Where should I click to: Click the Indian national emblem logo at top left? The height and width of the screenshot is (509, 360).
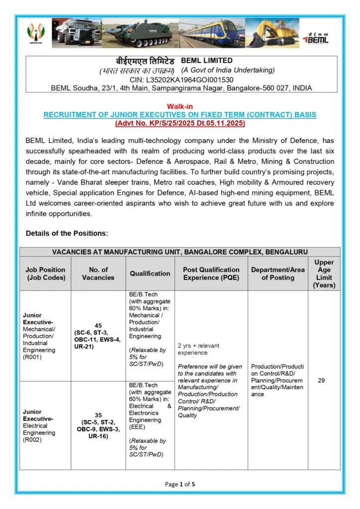(36, 34)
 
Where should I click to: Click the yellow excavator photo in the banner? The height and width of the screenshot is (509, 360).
(272, 33)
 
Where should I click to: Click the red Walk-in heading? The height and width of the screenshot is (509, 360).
(180, 106)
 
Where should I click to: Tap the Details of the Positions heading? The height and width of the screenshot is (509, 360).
(67, 233)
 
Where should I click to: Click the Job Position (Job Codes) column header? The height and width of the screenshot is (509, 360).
(45, 273)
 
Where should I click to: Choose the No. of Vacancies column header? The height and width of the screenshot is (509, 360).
(98, 273)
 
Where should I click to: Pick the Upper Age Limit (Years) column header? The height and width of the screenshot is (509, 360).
(324, 273)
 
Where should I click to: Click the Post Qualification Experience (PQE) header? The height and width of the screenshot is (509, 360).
(211, 273)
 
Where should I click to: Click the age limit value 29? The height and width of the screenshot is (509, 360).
(321, 380)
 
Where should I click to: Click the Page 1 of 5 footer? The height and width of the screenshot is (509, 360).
(180, 484)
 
